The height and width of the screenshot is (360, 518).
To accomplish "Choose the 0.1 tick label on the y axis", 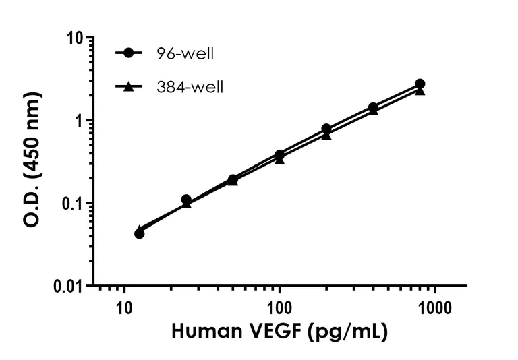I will coord(78,204).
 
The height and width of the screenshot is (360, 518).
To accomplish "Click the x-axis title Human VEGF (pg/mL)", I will coord(279,332).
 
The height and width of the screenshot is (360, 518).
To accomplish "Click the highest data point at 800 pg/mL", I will coord(420,84).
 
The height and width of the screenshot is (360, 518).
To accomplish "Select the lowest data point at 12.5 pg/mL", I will coord(140,233).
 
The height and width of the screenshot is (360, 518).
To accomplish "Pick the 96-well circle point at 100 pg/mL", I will coord(279,154).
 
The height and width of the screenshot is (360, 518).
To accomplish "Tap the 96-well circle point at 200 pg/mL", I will coord(326,128).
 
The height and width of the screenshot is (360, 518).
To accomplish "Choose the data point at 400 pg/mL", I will coord(373,107).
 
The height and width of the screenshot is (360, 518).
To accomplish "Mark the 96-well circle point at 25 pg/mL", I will coord(186,200).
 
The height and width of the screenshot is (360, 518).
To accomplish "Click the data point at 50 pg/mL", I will coord(233,179).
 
